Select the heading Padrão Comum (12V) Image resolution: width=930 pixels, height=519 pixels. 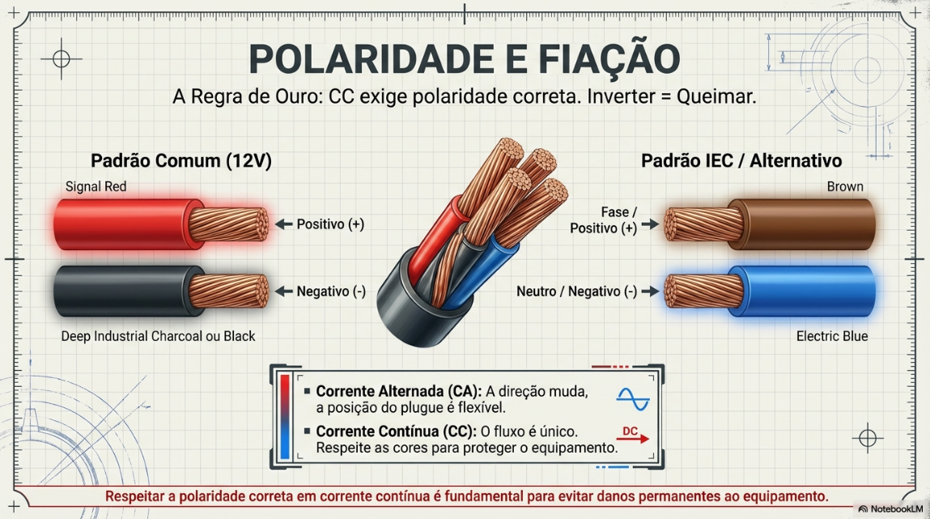180,161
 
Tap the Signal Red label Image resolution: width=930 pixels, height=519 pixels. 96,187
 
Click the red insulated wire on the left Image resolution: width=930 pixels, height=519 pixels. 160,224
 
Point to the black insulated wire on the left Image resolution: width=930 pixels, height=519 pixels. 160,291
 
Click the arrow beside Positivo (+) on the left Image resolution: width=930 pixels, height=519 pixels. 284,224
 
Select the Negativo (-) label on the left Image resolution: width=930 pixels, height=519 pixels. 331,291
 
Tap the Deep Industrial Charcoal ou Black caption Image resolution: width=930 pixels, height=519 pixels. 158,336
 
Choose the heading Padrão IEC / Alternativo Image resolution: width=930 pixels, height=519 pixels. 741,161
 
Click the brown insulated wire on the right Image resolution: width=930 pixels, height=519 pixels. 769,224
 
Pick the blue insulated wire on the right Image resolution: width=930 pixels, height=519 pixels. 769,291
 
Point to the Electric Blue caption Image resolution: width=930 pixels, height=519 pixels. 831,336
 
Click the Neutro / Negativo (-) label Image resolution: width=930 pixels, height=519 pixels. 576,291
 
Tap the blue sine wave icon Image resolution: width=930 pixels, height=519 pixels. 633,399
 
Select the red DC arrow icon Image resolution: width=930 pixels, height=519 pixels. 633,435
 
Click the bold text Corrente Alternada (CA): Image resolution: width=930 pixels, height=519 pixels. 398,391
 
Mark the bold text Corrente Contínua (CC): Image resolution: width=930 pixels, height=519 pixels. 396,432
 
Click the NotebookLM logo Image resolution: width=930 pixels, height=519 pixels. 890,509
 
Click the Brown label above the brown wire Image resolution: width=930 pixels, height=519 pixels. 844,187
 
